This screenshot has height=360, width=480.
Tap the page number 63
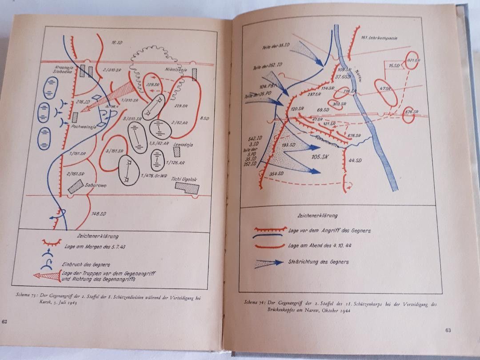click(448, 329)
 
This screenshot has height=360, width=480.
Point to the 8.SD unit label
click(205, 119)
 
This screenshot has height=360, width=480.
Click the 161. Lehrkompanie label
click(379, 38)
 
